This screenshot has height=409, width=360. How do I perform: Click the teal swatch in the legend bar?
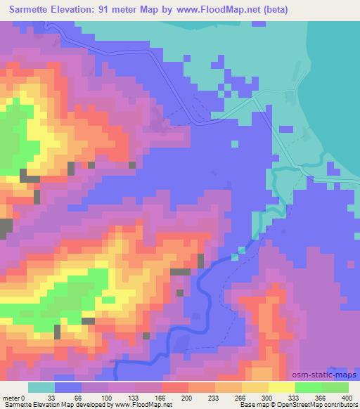[41, 387]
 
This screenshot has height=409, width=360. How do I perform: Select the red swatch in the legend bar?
[174, 387]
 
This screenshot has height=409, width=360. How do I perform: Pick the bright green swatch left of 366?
[308, 387]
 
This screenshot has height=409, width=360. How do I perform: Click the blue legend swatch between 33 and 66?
[67, 387]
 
